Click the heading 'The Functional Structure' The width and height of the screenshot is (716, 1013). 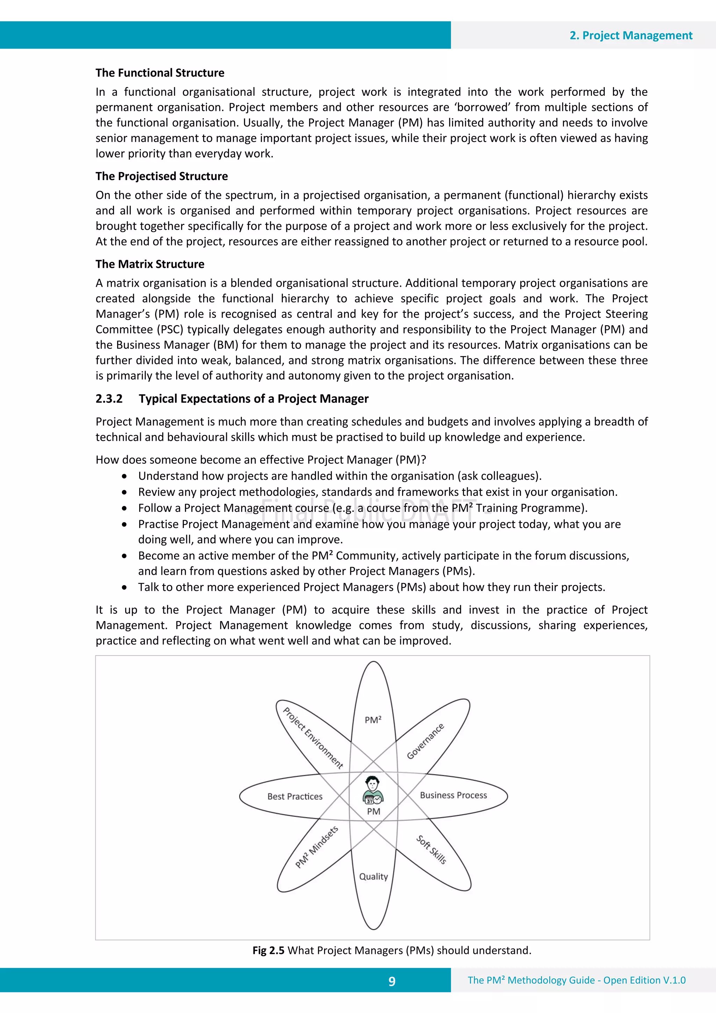point(160,73)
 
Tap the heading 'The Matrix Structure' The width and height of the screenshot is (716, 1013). point(150,264)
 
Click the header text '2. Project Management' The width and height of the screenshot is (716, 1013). point(630,35)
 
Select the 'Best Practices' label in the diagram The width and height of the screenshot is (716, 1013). point(295,796)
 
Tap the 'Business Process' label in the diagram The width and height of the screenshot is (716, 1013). point(453,795)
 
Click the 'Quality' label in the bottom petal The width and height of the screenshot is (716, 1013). point(373,876)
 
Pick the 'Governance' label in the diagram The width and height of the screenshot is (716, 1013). point(425,742)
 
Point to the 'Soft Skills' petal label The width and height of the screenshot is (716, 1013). point(431,849)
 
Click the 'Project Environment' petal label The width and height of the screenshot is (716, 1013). point(313,738)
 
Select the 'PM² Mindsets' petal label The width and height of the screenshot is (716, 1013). point(317,847)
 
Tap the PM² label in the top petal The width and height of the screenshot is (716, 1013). point(373,720)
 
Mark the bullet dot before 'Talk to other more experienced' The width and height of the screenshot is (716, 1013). point(125,587)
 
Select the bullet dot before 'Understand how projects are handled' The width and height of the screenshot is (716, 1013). point(125,476)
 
